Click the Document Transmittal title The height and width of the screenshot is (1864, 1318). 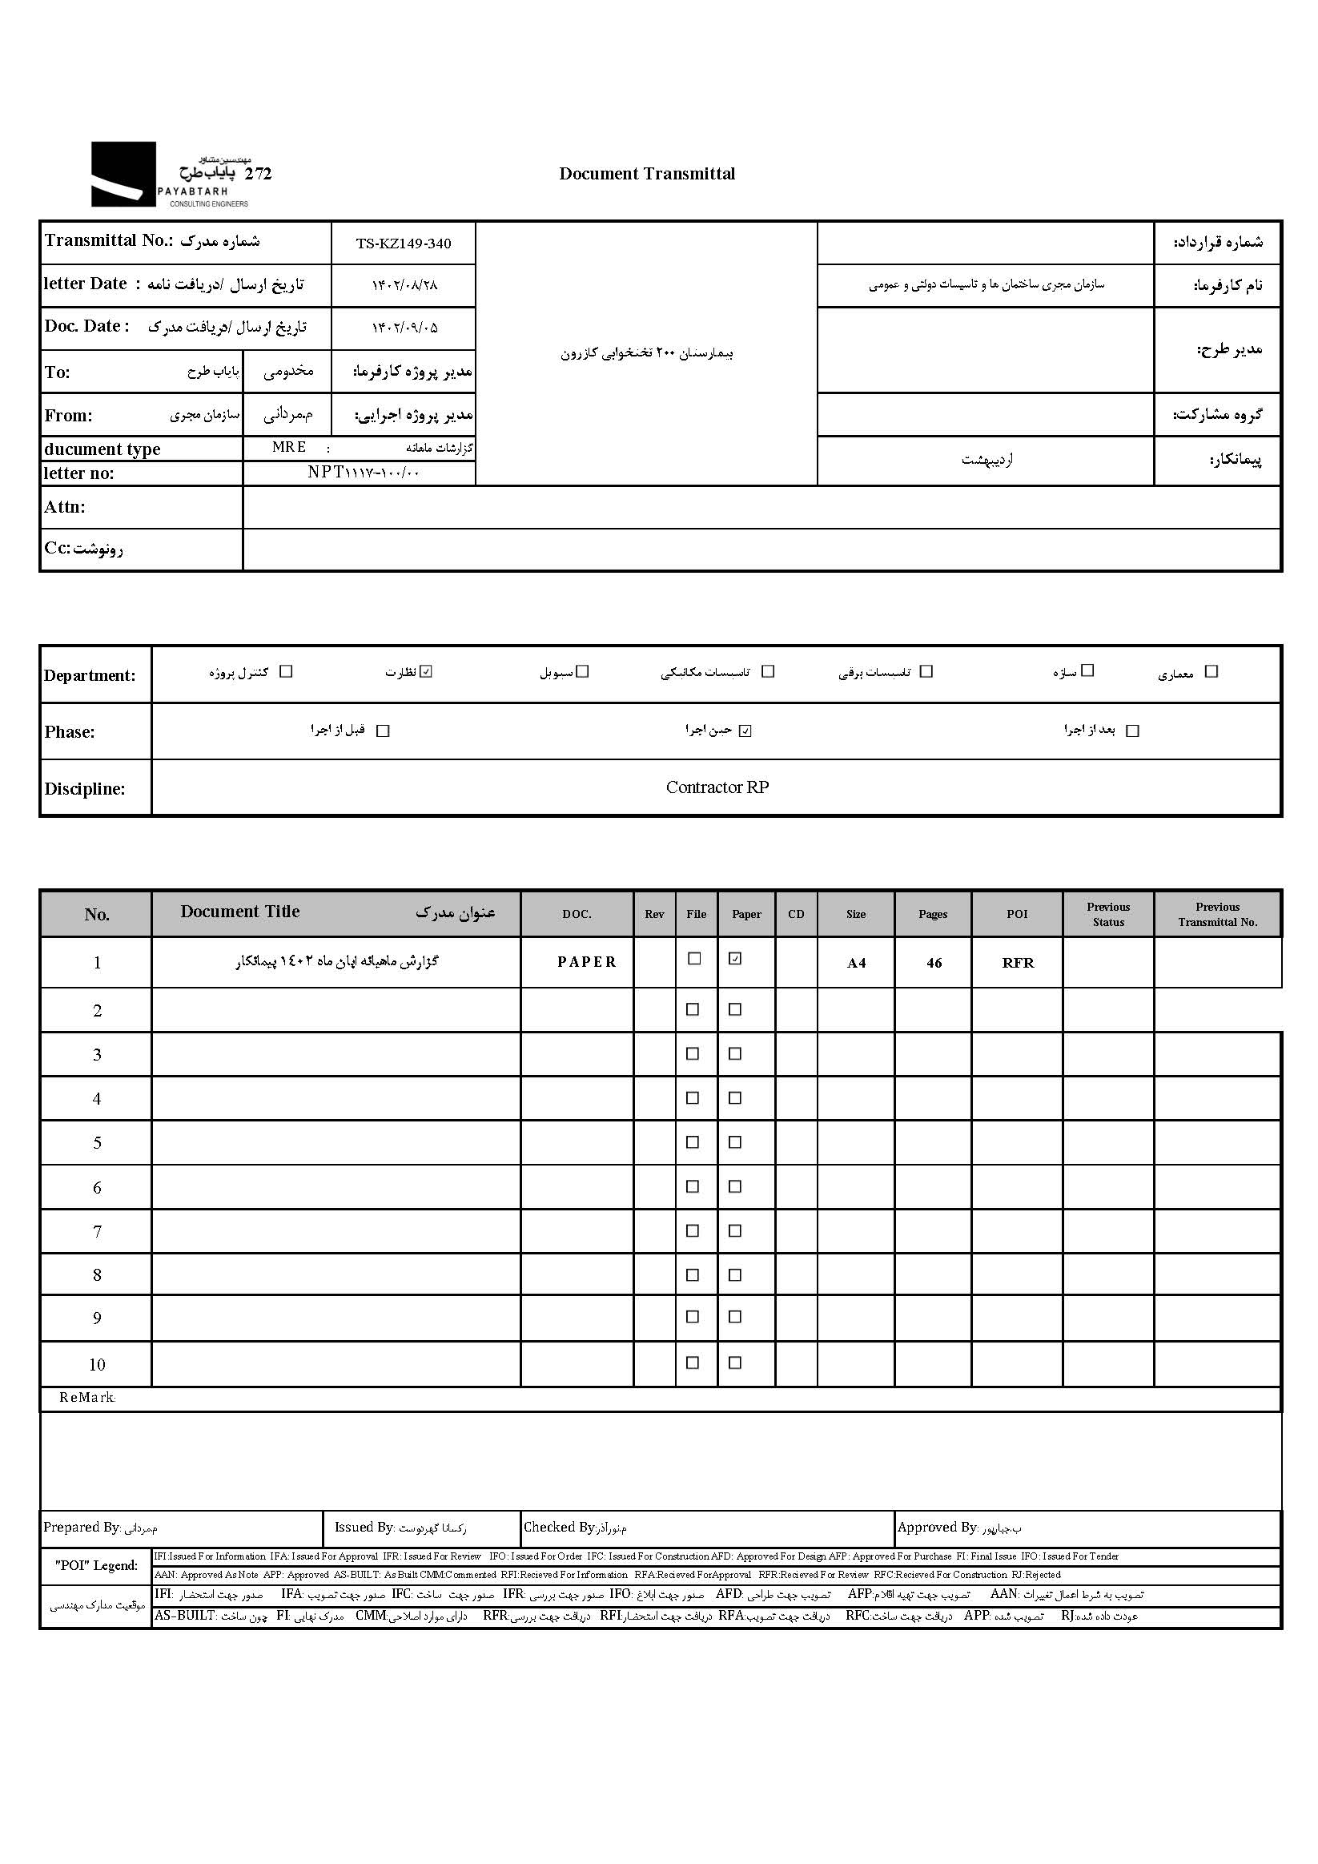pos(647,174)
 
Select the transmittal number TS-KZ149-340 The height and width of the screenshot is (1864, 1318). pos(404,244)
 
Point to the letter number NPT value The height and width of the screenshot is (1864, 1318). pos(363,473)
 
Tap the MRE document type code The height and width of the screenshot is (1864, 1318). pos(290,447)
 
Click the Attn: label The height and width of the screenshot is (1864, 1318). pos(65,507)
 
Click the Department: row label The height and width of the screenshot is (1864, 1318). pos(89,675)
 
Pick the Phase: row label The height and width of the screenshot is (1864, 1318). pos(70,732)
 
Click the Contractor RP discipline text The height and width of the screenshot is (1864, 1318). pos(717,787)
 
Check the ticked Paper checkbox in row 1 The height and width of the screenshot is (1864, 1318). pos(735,959)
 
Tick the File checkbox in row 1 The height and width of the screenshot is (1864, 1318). pos(694,959)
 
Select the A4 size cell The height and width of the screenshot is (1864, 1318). pos(856,963)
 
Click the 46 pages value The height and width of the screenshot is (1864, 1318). pos(934,963)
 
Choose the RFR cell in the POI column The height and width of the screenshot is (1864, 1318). pos(1018,963)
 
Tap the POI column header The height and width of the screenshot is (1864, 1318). pos(1017,914)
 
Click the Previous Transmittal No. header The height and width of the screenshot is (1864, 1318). pos(1217,914)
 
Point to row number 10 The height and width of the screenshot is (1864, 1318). pos(97,1365)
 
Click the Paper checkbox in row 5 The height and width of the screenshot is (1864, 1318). pos(735,1142)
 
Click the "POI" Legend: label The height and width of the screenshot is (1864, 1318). pos(97,1565)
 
